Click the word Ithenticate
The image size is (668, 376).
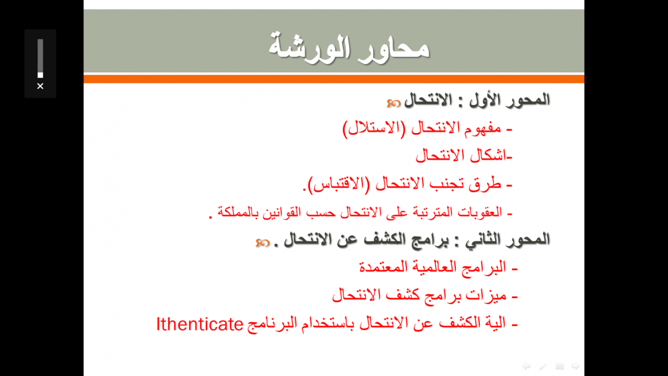(200, 324)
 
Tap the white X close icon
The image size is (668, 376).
(40, 86)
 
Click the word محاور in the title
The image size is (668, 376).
(394, 48)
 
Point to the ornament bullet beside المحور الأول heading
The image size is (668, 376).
(394, 103)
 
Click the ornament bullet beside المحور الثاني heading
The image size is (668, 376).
(262, 243)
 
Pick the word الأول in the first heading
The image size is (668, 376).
(485, 100)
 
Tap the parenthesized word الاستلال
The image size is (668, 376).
(374, 129)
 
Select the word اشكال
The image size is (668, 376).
(488, 155)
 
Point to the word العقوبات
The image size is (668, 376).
(480, 212)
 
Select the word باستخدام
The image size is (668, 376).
(327, 324)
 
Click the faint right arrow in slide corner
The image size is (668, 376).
(576, 366)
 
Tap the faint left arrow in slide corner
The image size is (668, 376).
(526, 366)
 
